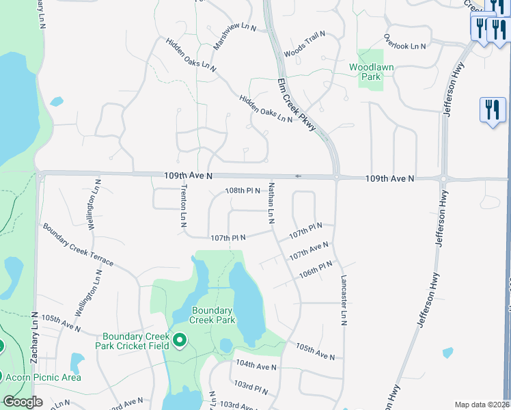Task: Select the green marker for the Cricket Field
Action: coord(180,340)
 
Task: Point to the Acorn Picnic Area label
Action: coord(43,377)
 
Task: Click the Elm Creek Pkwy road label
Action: coord(299,105)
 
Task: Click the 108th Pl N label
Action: coord(243,190)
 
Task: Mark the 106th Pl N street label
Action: coord(316,269)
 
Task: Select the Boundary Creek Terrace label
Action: coord(77,245)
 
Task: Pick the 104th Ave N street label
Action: coord(256,366)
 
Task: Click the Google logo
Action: coord(23,402)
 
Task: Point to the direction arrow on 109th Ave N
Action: coord(298,176)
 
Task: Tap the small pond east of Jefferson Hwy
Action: coord(447,353)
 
